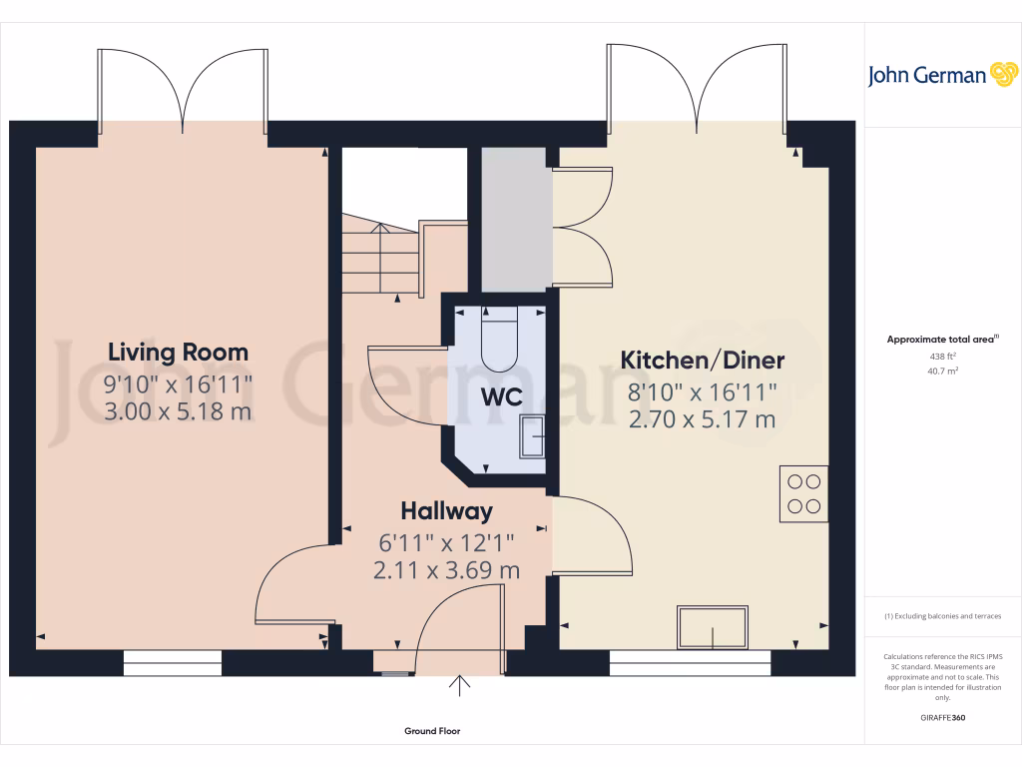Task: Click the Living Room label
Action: (x=178, y=352)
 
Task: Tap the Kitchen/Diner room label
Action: (x=703, y=360)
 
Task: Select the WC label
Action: (x=501, y=396)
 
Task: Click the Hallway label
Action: (x=446, y=511)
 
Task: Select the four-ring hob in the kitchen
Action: (x=804, y=493)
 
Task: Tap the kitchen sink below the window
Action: (x=713, y=627)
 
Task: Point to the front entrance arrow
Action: (x=460, y=685)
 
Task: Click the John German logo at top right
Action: (x=941, y=75)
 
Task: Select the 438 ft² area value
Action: (x=942, y=356)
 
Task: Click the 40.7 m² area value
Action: (x=942, y=370)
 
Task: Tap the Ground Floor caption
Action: (x=432, y=731)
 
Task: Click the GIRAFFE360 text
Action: (x=943, y=717)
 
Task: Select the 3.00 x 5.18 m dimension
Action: (x=178, y=410)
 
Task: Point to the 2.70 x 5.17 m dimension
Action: (x=703, y=419)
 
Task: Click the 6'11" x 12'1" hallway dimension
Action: (x=446, y=543)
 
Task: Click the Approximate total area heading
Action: (x=942, y=340)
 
